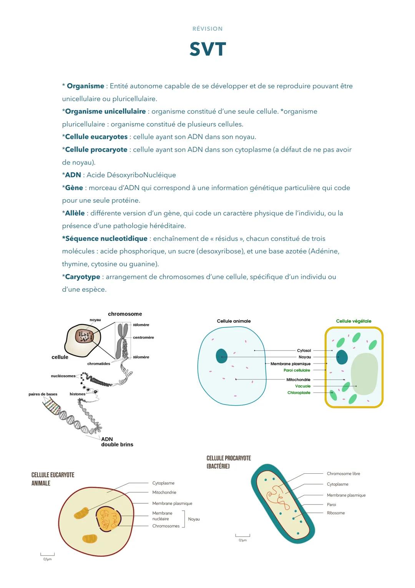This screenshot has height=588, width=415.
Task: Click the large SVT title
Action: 207,49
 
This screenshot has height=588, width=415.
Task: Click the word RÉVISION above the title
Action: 207,29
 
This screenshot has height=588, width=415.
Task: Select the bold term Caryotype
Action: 83,277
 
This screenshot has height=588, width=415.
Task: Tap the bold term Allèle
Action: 75,213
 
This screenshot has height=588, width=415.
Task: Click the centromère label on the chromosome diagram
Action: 143,337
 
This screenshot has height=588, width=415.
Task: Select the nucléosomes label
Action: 63,376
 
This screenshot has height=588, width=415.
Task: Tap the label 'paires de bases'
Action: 43,394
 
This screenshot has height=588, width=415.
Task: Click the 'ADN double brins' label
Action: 117,442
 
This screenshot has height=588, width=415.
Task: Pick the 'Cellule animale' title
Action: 234,321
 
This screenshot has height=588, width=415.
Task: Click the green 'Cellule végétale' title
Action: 354,321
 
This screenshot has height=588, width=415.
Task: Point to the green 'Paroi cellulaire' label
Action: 297,370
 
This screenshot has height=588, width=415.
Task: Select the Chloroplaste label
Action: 299,393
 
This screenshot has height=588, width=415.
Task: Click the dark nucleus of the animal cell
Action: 221,356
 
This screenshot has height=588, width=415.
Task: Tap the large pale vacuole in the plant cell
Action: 364,374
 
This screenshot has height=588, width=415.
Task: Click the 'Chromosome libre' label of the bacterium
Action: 343,474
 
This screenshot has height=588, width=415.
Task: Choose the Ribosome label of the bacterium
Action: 335,513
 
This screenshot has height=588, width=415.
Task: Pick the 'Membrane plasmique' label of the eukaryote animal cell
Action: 172,503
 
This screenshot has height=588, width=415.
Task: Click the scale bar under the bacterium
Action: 242,535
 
